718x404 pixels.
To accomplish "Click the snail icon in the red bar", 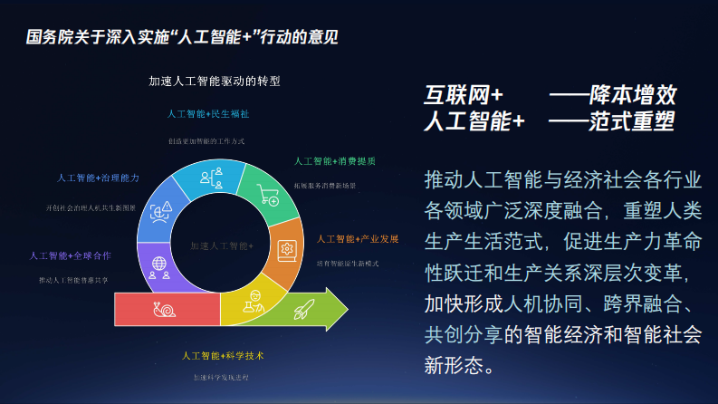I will tap(163, 310).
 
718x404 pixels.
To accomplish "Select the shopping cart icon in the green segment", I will tap(268, 195).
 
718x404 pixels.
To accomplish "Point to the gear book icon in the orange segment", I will tap(287, 246).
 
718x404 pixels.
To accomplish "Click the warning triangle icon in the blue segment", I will tap(162, 212).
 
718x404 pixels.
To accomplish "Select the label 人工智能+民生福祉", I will tap(208, 115).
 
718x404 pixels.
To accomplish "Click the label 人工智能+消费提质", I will tap(335, 161).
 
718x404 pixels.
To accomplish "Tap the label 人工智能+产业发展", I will tap(358, 239).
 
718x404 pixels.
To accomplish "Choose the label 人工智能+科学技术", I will tap(223, 355).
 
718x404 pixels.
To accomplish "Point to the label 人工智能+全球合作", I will tap(71, 256).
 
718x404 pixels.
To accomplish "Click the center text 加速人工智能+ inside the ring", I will tap(222, 245).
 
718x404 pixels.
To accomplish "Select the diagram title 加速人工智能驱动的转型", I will tap(215, 81).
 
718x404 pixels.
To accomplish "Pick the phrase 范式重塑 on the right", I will tap(633, 121).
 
